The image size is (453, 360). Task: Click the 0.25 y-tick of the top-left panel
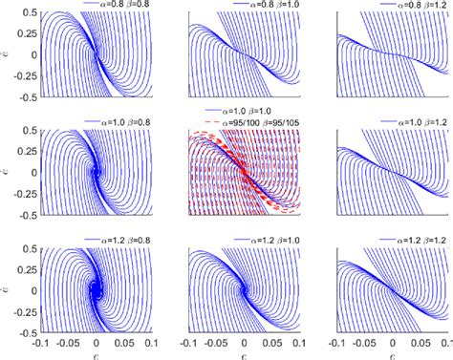[28, 32]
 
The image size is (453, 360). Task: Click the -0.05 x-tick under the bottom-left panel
[66, 339]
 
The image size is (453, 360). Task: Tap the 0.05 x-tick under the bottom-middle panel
[273, 339]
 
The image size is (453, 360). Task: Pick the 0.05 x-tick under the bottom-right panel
[421, 339]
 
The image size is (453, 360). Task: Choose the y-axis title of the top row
[9, 53]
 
